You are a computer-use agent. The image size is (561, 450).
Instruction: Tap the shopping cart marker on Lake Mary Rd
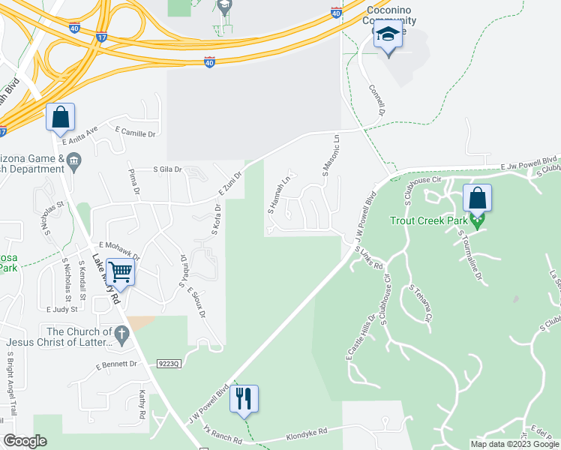click(x=120, y=272)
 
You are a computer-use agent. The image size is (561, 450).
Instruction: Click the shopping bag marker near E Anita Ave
click(x=60, y=118)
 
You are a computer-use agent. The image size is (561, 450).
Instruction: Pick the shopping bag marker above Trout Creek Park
click(x=477, y=199)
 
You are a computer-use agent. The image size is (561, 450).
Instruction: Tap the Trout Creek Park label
click(x=428, y=220)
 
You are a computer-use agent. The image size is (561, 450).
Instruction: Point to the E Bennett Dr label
click(x=117, y=365)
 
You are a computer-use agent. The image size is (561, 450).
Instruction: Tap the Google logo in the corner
click(x=25, y=441)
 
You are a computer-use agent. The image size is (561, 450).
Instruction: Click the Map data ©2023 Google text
click(x=514, y=444)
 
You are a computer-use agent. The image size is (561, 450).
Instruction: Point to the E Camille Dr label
click(x=135, y=133)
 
